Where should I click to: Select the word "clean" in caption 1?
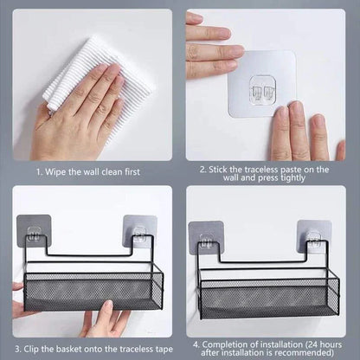point(114,172)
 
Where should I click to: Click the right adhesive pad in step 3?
point(139,231)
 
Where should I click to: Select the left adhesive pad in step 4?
point(205,237)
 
